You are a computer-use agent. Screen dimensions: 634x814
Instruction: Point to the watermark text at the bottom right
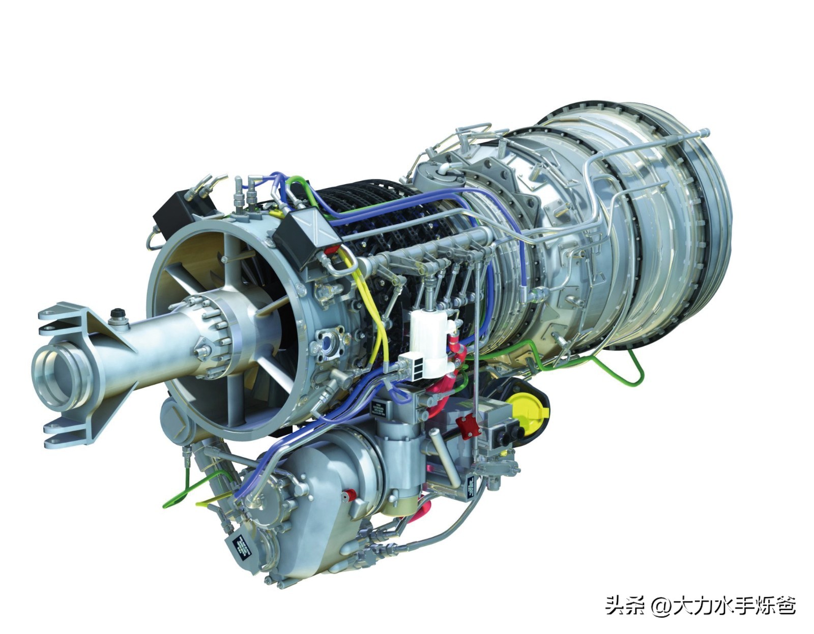tap(700, 605)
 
